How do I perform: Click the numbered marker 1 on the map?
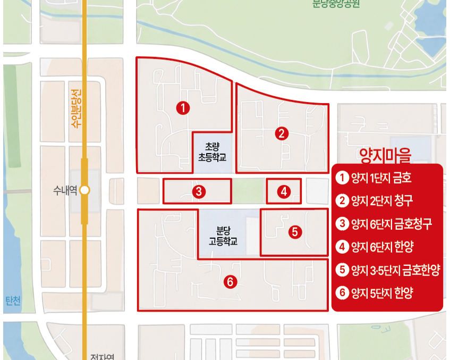click(183, 108)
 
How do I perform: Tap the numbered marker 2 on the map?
click(282, 133)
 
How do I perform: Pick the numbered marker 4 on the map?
click(284, 191)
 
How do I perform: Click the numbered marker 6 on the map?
click(230, 282)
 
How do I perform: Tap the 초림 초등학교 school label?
click(212, 152)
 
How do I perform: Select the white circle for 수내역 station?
click(84, 190)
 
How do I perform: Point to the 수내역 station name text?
click(65, 190)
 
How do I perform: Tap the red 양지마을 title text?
click(386, 155)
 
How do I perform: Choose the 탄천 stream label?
click(13, 302)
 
